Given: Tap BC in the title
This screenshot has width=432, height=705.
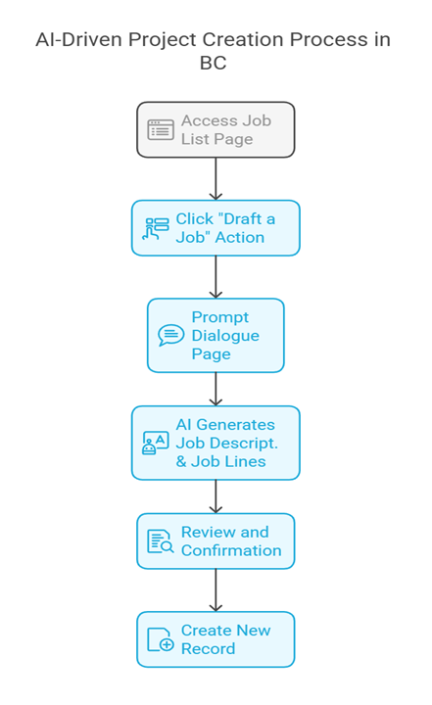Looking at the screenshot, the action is [x=213, y=63].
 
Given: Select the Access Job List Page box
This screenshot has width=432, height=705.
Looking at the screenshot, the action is [x=216, y=129].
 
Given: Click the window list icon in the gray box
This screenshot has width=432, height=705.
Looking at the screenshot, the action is [x=161, y=129].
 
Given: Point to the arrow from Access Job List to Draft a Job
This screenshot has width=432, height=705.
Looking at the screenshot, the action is [x=216, y=178].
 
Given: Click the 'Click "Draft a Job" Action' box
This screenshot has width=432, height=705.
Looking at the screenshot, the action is [x=216, y=228].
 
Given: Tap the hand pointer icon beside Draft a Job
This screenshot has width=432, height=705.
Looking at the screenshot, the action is [x=156, y=228].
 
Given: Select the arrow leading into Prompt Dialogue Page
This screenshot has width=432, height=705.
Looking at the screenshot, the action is [x=216, y=277].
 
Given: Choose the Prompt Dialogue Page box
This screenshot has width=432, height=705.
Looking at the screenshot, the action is [x=216, y=336].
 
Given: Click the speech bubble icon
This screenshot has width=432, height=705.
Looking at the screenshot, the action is [x=171, y=336].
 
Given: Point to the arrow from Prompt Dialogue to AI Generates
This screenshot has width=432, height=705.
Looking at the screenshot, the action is [x=216, y=390].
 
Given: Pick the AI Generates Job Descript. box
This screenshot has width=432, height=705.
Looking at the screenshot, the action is [x=216, y=443].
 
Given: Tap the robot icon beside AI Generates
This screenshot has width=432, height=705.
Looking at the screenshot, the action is [x=156, y=444].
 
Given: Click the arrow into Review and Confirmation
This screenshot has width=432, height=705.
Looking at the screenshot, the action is [x=216, y=496].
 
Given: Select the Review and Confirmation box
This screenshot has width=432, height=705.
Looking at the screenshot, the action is [x=216, y=540].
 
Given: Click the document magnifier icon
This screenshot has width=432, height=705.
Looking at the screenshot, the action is [x=161, y=541].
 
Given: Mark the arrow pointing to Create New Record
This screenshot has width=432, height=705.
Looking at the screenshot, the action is [x=216, y=590].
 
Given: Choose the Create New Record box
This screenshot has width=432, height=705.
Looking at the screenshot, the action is [x=216, y=639].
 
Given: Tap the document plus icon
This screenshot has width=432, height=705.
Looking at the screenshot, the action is [x=161, y=639].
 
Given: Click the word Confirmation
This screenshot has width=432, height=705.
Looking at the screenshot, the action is [x=231, y=550].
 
